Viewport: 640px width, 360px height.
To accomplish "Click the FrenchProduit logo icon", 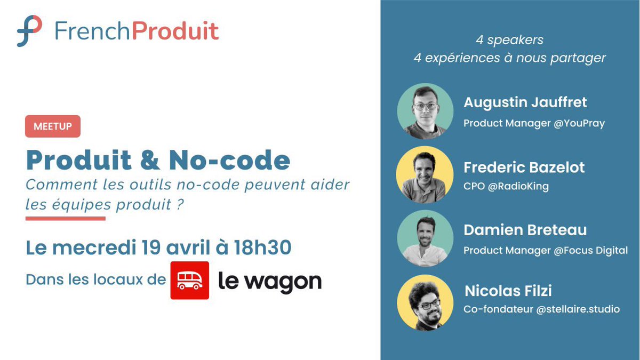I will point(29,30).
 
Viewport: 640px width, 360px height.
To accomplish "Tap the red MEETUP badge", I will point(53,126).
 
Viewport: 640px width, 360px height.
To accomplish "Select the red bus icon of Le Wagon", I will point(190,280).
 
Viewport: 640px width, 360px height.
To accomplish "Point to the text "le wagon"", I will point(270,281).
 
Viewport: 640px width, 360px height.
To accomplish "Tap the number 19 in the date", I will point(153,248).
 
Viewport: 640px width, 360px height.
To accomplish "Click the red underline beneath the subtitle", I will point(66,218).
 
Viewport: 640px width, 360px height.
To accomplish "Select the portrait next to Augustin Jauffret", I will point(425,111).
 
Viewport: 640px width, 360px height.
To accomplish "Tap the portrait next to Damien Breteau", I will point(425,238).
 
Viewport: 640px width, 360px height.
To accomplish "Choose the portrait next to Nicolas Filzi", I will point(425,302).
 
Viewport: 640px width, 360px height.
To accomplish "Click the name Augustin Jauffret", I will point(525,102).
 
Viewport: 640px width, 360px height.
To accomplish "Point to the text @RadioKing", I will point(518,187).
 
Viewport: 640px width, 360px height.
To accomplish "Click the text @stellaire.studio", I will point(578,309).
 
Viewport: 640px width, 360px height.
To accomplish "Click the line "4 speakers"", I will point(509,40).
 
